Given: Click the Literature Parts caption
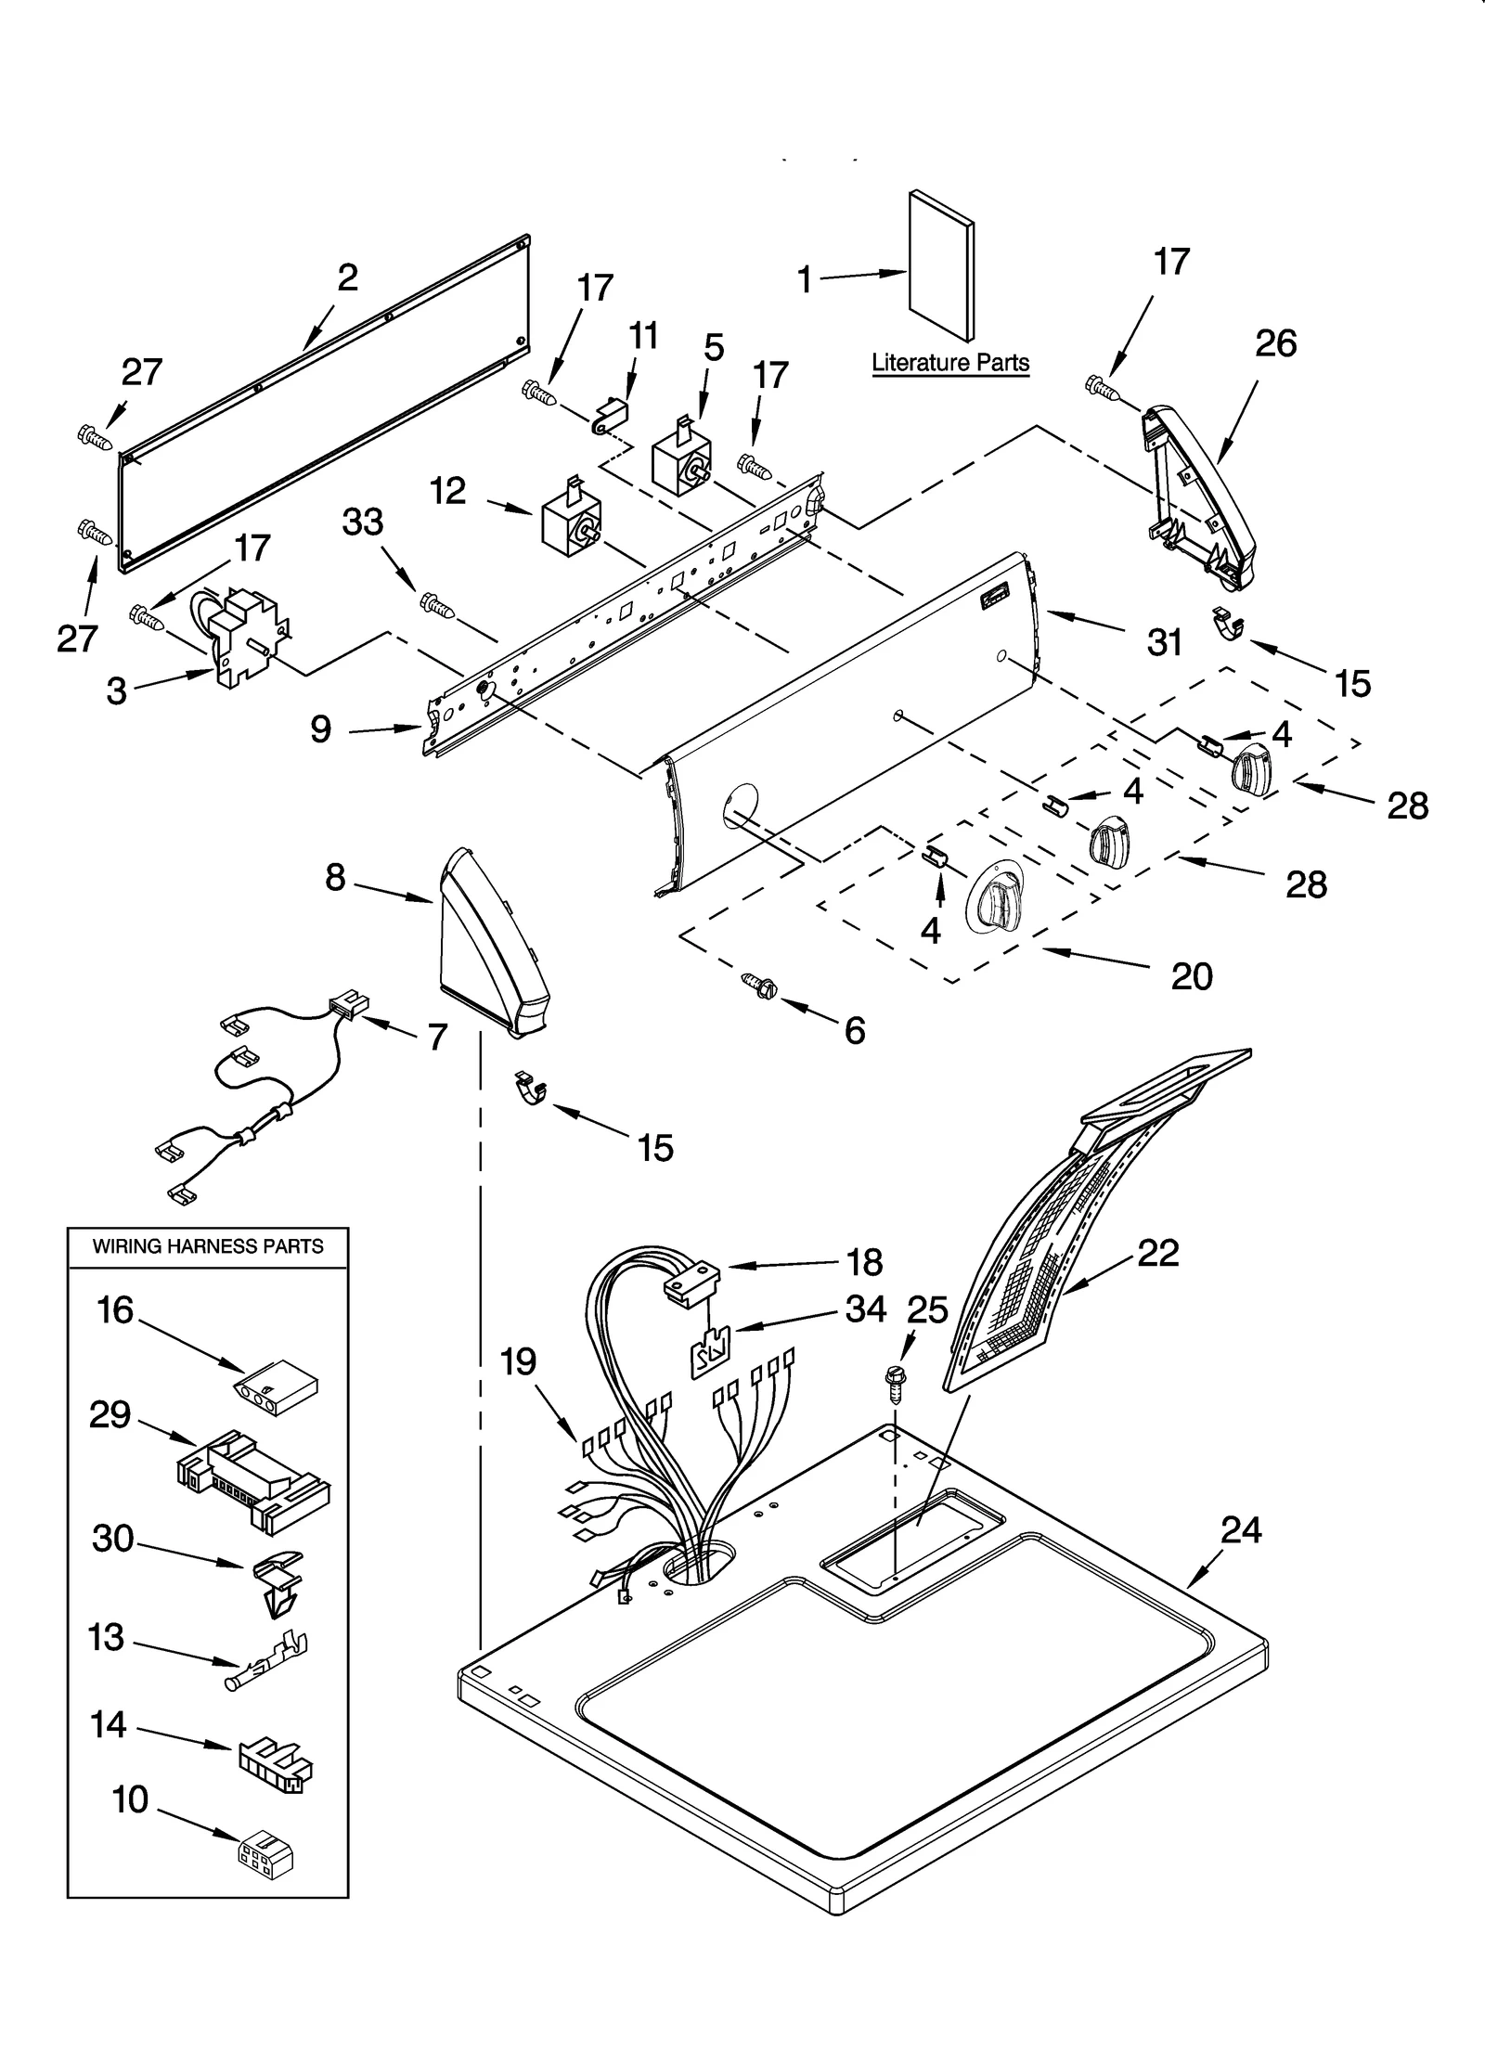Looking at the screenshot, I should pyautogui.click(x=950, y=363).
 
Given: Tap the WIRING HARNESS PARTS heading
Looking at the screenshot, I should pyautogui.click(x=208, y=1246).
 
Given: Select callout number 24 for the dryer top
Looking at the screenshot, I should pyautogui.click(x=1241, y=1529).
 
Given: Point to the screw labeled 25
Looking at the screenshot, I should pyautogui.click(x=896, y=1385).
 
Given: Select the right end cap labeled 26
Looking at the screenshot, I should pyautogui.click(x=1197, y=501).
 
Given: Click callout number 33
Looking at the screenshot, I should pyautogui.click(x=363, y=522).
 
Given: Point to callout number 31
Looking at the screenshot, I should pyautogui.click(x=1165, y=641).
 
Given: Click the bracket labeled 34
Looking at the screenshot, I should pyautogui.click(x=711, y=1353).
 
